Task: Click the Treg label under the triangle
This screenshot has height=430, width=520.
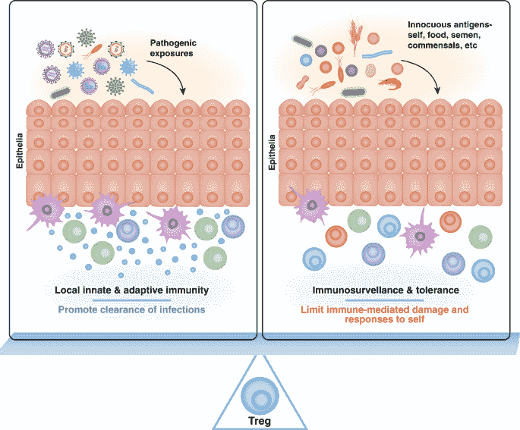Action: tap(259, 420)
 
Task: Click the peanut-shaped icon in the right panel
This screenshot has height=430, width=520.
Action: tap(305, 82)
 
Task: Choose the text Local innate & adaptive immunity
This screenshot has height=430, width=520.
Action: tap(131, 290)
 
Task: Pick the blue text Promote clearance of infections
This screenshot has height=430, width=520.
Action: tap(131, 309)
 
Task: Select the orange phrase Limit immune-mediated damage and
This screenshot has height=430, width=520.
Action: tap(385, 309)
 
